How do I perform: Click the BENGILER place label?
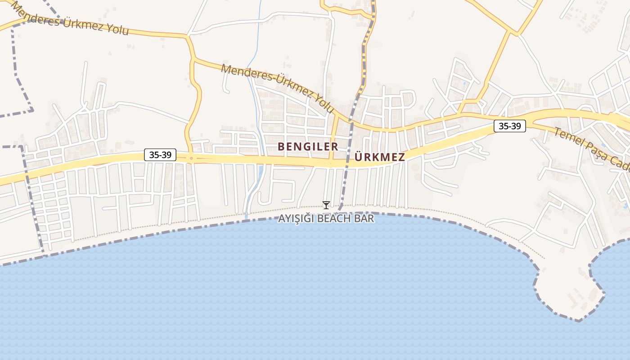(x=308, y=147)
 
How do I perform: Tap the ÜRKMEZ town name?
(x=380, y=157)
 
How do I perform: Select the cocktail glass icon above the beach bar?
(x=326, y=205)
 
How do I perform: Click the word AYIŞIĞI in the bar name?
(x=297, y=219)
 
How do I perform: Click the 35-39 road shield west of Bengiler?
(x=160, y=155)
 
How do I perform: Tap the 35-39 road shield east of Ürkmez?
(x=510, y=126)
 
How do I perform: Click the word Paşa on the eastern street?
(x=596, y=154)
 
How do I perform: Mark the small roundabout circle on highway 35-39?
(x=191, y=158)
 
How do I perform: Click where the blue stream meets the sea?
(x=247, y=217)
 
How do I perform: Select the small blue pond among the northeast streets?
(x=464, y=83)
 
